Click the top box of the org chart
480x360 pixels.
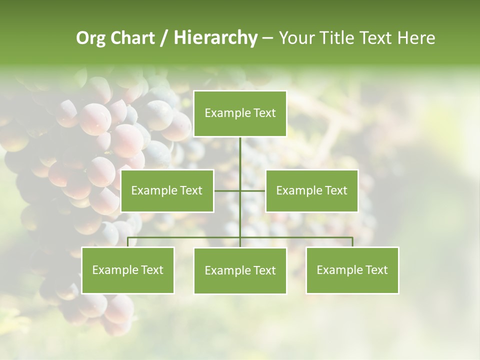240,113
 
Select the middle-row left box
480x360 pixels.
167,190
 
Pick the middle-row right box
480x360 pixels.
311,190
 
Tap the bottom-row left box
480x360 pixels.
128,270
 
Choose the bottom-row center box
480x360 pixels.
240,270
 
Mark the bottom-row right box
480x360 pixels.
352,270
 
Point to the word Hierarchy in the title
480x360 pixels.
215,38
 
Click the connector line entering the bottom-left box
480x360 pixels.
128,242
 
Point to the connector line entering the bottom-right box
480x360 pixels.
352,242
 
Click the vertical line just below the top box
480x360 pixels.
240,150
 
